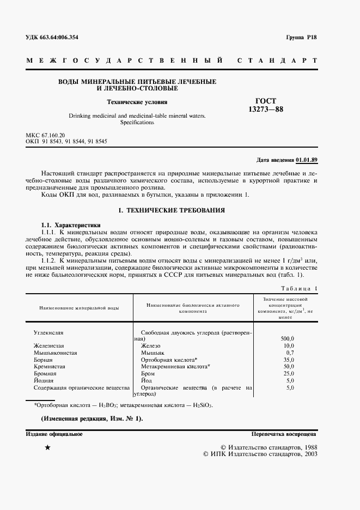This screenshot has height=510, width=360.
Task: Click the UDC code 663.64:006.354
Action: tap(51, 38)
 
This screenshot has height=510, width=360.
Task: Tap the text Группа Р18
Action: tap(301, 38)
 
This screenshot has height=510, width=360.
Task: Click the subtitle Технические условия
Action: tap(137, 101)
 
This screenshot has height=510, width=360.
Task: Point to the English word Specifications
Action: tap(137, 123)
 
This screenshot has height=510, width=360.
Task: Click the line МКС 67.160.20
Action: tap(45, 134)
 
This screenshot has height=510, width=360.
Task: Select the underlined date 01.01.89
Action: tap(307, 160)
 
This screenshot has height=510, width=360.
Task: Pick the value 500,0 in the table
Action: tap(286, 338)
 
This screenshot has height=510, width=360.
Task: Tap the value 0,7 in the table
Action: tap(290, 353)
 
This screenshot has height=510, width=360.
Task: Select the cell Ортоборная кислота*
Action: tap(169, 360)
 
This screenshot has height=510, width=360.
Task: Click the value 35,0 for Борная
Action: tap(288, 360)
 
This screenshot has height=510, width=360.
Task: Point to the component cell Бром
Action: tap(149, 374)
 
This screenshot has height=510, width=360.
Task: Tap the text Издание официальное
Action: tap(54, 434)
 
